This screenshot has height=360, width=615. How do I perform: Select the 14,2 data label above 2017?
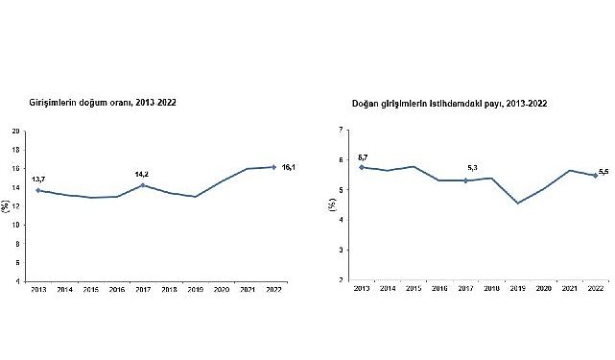(x=142, y=174)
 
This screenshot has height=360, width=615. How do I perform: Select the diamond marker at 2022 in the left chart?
(x=274, y=167)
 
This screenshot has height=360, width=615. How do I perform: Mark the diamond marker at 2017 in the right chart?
(x=465, y=180)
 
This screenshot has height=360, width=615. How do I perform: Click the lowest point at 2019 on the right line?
(x=517, y=203)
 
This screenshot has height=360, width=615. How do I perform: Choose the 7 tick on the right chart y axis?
(x=341, y=129)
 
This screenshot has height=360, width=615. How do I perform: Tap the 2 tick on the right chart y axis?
(x=341, y=280)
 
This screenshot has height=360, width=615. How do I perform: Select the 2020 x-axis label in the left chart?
(x=222, y=289)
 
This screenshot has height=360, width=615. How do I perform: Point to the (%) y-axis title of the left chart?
(x=7, y=205)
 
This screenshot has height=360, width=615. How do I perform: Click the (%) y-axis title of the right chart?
(x=331, y=205)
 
